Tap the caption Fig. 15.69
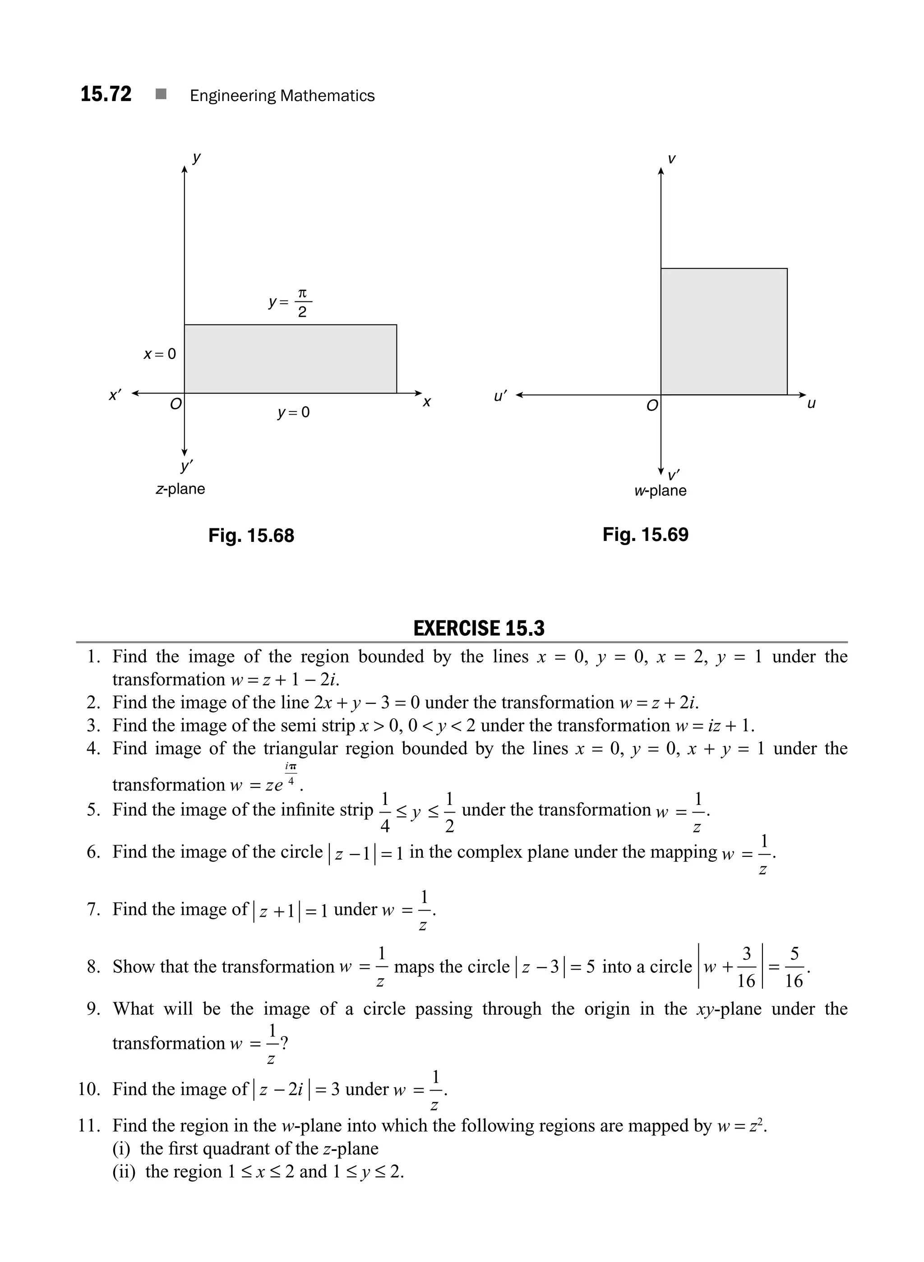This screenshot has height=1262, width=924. [646, 534]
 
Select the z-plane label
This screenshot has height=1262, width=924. [180, 489]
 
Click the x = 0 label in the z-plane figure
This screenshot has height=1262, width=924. [159, 354]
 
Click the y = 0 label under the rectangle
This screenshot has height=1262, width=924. [293, 413]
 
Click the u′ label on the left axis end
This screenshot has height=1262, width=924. [500, 397]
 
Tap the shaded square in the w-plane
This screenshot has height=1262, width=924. [724, 332]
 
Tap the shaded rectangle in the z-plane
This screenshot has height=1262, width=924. [290, 359]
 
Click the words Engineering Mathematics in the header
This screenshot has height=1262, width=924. [282, 96]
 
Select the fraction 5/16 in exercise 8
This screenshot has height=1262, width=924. [794, 967]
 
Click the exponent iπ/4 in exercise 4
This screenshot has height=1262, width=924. [290, 774]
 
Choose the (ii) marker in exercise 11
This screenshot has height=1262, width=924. [124, 1171]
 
